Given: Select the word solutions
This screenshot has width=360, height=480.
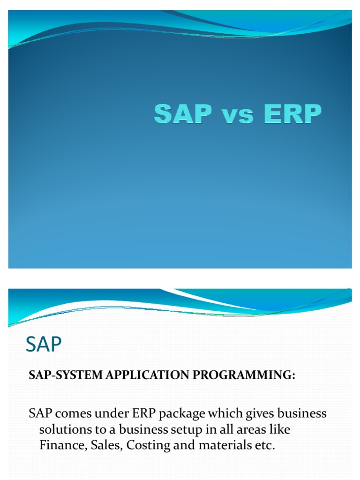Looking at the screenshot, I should coord(63,429).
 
